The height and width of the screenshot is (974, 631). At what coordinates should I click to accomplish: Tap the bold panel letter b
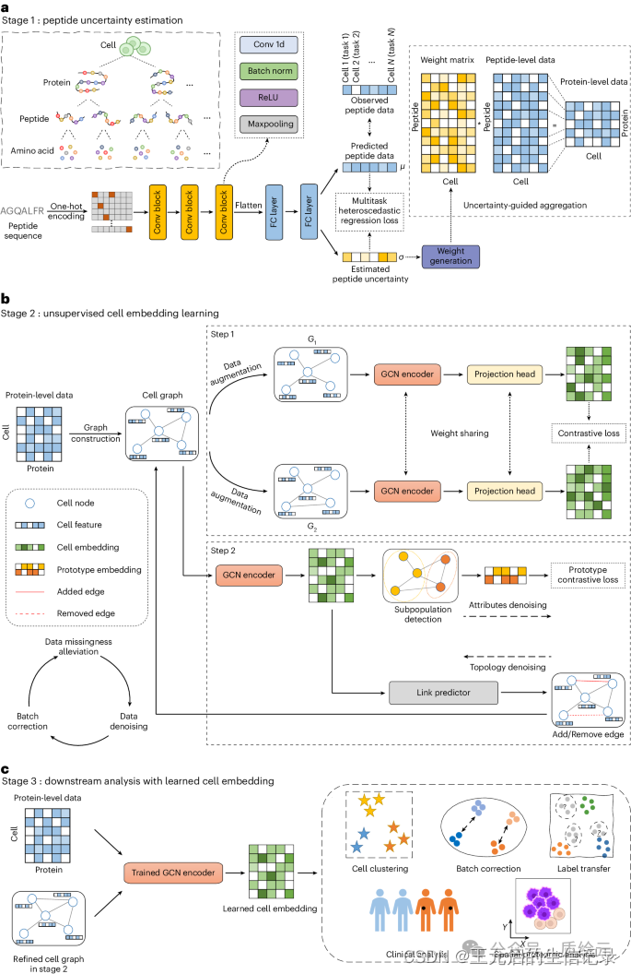[6, 300]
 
